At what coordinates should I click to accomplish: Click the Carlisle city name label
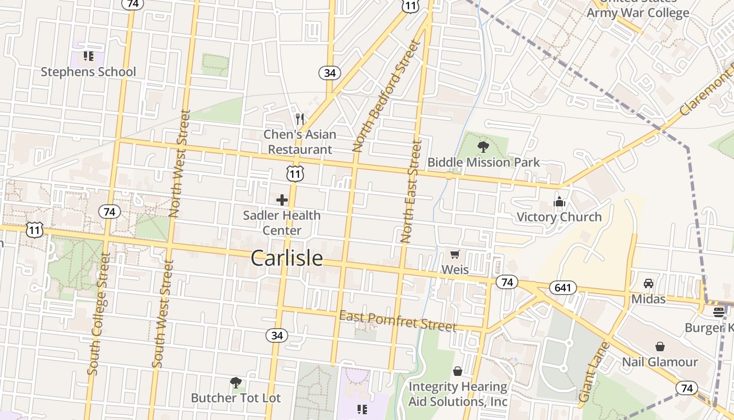287,258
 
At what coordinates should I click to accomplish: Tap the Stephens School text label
88,72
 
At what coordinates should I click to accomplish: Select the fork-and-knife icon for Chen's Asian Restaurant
300,119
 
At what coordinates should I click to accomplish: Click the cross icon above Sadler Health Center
282,200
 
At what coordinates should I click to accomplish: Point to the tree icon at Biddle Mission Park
483,147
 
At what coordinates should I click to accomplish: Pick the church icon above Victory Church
559,202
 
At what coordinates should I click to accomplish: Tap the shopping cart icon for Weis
455,255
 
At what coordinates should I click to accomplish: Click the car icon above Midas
649,283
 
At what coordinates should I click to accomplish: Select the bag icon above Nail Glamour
660,346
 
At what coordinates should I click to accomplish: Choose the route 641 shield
563,288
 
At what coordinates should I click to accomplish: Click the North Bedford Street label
387,96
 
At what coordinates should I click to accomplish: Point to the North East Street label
411,191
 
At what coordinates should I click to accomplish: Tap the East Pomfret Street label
398,321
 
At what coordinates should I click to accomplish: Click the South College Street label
99,314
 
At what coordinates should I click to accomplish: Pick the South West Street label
162,314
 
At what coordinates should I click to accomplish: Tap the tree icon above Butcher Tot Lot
236,382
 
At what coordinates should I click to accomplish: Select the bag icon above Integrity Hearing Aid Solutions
458,372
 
